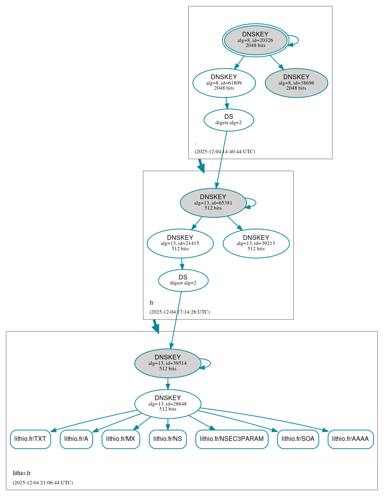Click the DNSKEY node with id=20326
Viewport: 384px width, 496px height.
click(x=255, y=40)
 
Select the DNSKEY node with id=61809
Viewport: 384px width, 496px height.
click(x=224, y=83)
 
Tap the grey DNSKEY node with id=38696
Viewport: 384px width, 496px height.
click(x=296, y=83)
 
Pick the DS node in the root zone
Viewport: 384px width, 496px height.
click(x=229, y=120)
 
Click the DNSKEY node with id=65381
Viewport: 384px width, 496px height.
click(x=213, y=203)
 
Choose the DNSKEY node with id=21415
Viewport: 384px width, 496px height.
click(x=180, y=243)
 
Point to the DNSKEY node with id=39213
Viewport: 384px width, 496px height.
click(x=256, y=243)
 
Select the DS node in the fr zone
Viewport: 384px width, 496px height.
click(x=183, y=280)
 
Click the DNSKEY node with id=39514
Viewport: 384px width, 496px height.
click(x=168, y=363)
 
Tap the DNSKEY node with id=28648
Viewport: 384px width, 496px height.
click(x=168, y=404)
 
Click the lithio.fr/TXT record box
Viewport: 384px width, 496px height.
click(x=30, y=439)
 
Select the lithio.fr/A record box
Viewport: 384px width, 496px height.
click(x=76, y=439)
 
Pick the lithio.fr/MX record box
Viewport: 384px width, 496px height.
click(x=121, y=439)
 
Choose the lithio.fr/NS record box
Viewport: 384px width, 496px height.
click(x=168, y=439)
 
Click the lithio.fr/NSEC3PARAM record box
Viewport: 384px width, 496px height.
click(x=232, y=439)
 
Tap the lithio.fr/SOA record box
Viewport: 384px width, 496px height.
click(x=298, y=439)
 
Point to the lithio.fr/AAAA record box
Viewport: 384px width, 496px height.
click(x=351, y=439)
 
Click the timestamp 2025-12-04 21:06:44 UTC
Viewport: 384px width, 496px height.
click(x=43, y=483)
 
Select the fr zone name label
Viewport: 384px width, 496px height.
click(x=152, y=303)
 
